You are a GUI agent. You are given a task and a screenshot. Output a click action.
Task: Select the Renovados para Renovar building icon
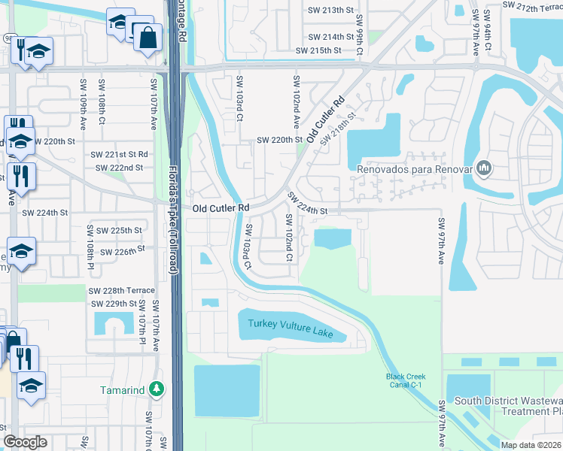click(484, 168)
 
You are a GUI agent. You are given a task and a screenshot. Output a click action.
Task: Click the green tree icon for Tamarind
click(157, 389)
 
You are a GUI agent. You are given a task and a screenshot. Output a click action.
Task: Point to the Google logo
click(25, 443)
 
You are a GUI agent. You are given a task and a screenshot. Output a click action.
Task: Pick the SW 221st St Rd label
click(121, 154)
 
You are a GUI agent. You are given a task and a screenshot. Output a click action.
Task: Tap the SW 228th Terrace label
click(122, 291)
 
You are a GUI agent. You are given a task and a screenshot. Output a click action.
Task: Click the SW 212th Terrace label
click(532, 5)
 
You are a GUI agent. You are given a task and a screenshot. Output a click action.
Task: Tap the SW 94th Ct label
click(488, 30)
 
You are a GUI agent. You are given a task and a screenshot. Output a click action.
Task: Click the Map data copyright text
click(530, 444)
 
